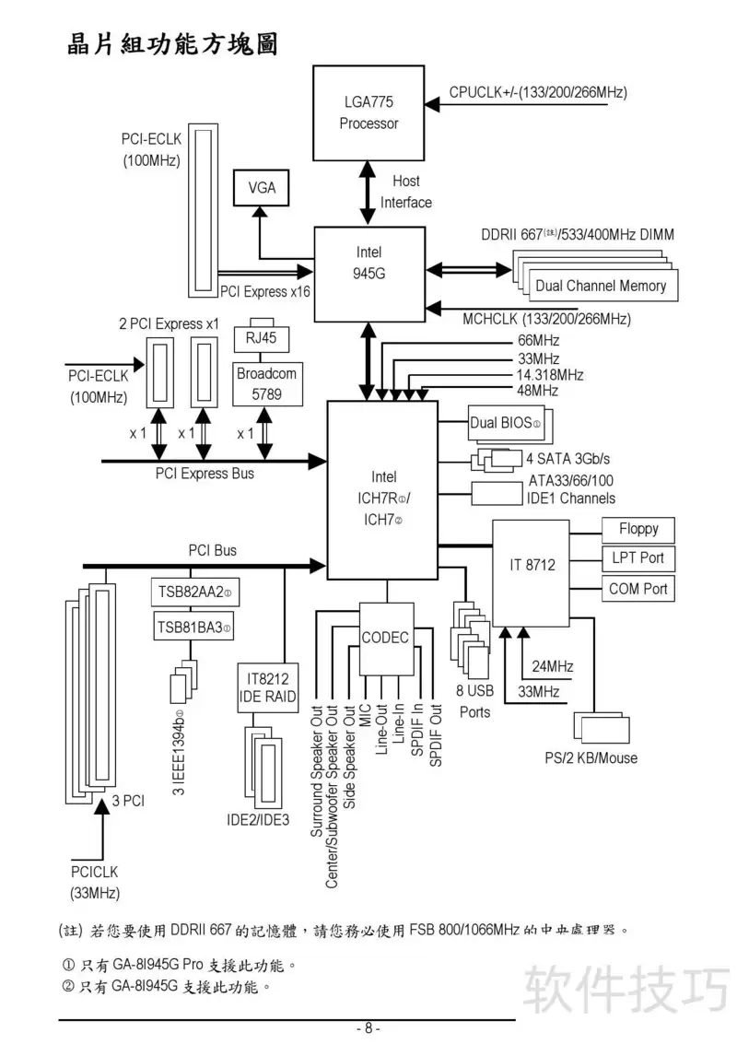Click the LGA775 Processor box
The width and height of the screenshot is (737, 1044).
click(x=368, y=113)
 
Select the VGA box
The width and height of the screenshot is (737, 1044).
click(x=262, y=188)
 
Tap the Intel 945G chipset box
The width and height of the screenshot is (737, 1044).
click(x=369, y=274)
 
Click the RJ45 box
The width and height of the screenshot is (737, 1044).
click(x=262, y=338)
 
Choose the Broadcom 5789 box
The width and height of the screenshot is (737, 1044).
click(x=268, y=383)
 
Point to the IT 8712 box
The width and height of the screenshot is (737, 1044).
click(x=532, y=572)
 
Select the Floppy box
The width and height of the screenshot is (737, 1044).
click(x=638, y=530)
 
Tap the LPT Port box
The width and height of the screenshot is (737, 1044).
click(x=638, y=558)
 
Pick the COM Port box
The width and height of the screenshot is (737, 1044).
click(x=638, y=589)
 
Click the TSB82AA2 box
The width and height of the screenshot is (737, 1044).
click(x=194, y=592)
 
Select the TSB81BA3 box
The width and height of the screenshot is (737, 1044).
click(x=193, y=628)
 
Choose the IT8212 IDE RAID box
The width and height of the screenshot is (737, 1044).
click(x=268, y=687)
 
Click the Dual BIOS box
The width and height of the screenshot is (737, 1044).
click(x=506, y=423)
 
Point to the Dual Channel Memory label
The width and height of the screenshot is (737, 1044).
click(x=601, y=286)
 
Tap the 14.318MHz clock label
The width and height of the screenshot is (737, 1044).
click(x=550, y=375)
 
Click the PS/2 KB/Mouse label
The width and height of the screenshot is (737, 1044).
click(x=591, y=757)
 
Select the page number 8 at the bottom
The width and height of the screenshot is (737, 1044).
click(x=368, y=1028)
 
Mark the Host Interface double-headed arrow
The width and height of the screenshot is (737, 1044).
click(x=368, y=194)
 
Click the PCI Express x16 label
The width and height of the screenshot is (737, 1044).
click(x=265, y=291)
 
